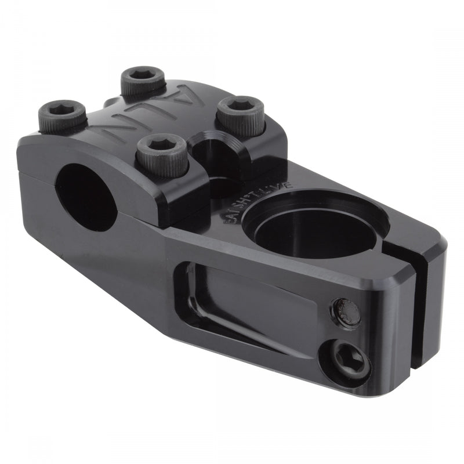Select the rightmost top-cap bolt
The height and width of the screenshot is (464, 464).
[x=240, y=107]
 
